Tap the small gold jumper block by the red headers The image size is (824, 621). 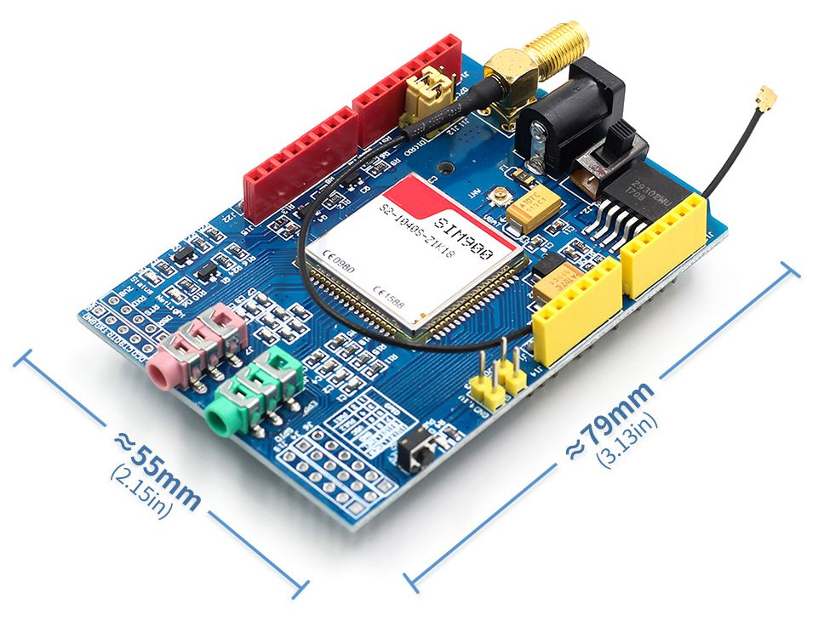428,94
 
